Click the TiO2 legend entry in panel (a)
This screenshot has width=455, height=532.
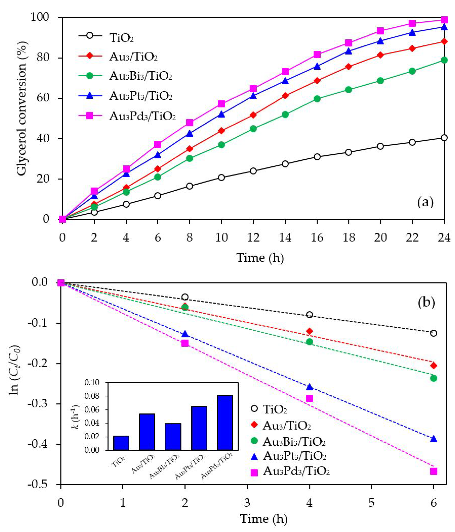(121, 38)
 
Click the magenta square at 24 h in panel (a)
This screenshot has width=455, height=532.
(444, 20)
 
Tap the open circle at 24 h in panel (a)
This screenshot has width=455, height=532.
(444, 138)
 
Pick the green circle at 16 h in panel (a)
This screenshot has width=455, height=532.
(317, 99)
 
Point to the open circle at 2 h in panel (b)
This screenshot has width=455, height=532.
(185, 297)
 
